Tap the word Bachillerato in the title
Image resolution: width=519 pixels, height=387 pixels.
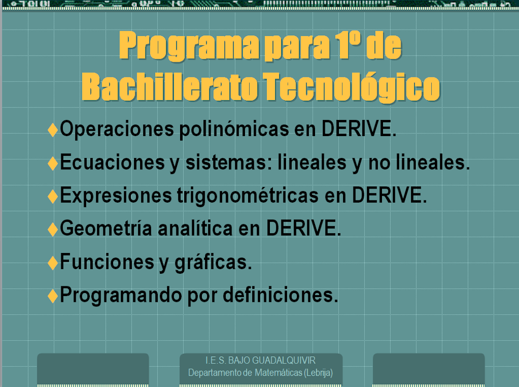(170, 86)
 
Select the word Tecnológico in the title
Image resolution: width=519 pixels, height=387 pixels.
(351, 87)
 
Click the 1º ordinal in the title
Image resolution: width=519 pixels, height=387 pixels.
(347, 45)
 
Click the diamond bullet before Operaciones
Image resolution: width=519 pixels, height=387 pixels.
(53, 129)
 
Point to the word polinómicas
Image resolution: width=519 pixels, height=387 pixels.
(234, 129)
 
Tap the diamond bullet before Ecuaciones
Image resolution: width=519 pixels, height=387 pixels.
(53, 163)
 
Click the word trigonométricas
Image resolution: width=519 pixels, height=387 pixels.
(248, 195)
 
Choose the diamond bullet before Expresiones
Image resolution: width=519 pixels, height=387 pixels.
(53, 196)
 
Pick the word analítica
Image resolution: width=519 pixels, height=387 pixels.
(195, 229)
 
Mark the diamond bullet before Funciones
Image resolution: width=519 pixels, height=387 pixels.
(53, 263)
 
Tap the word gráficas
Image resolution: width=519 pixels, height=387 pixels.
(213, 262)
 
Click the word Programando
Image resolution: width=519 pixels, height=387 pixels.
(121, 295)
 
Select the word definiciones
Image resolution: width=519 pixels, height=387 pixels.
(281, 295)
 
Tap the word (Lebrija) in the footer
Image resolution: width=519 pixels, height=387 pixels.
(319, 373)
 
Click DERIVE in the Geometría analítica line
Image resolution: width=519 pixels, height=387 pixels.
(304, 228)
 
